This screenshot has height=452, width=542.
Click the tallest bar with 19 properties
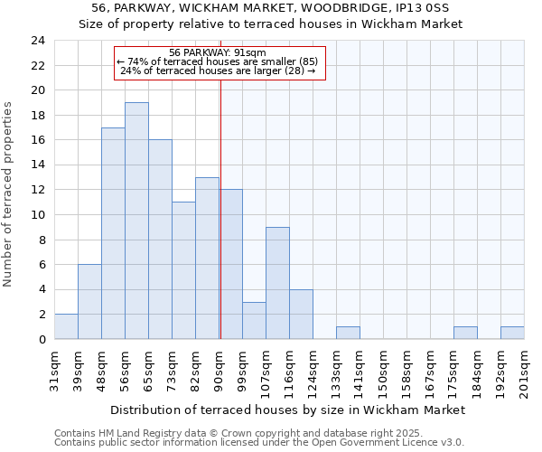(136, 221)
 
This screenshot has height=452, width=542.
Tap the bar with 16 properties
(160, 240)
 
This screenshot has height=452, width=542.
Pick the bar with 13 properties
(207, 258)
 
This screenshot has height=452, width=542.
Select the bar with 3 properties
(254, 320)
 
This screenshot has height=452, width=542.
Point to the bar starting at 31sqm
(66, 326)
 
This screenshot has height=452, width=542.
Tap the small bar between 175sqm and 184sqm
(465, 333)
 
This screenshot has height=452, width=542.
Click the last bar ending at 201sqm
(512, 333)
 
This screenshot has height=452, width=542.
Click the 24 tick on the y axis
(38, 41)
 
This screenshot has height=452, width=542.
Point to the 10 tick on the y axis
(38, 215)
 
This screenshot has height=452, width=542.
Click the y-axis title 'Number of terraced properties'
(9, 194)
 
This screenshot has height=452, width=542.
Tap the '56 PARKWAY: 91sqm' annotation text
(218, 52)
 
